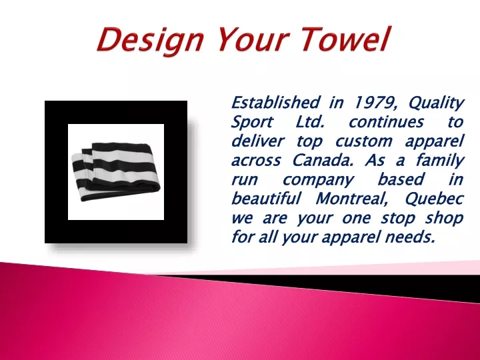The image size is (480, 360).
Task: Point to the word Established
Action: coord(275,102)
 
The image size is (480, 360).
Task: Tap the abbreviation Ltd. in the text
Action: coord(310,122)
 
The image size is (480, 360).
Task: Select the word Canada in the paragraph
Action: coord(323,160)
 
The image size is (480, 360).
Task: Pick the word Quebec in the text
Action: coord(434,199)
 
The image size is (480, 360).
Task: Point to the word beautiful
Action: coord(266,199)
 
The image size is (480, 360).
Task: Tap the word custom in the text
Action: coord(364,141)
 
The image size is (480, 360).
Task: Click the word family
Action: coord(439,161)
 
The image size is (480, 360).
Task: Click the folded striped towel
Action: coord(116,172)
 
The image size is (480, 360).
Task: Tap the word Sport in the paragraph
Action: coord(251,123)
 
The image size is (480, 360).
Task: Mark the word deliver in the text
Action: coord(258,141)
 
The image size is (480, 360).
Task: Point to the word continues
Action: coord(386,122)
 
